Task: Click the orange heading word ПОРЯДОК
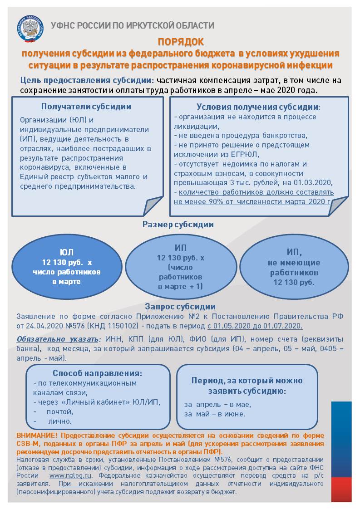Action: point(181,42)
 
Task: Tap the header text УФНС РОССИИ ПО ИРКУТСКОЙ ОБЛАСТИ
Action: point(132,25)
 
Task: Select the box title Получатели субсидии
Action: point(86,107)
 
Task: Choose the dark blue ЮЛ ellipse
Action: point(66,267)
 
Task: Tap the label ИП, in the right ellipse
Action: point(294,252)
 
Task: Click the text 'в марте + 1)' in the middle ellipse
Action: point(180,286)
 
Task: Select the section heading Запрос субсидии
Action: point(180,307)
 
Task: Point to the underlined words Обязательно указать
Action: point(58,339)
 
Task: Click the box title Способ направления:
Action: point(98,373)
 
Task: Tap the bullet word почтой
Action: point(59,412)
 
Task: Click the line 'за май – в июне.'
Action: point(215,414)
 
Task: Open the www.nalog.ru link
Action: point(70,475)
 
